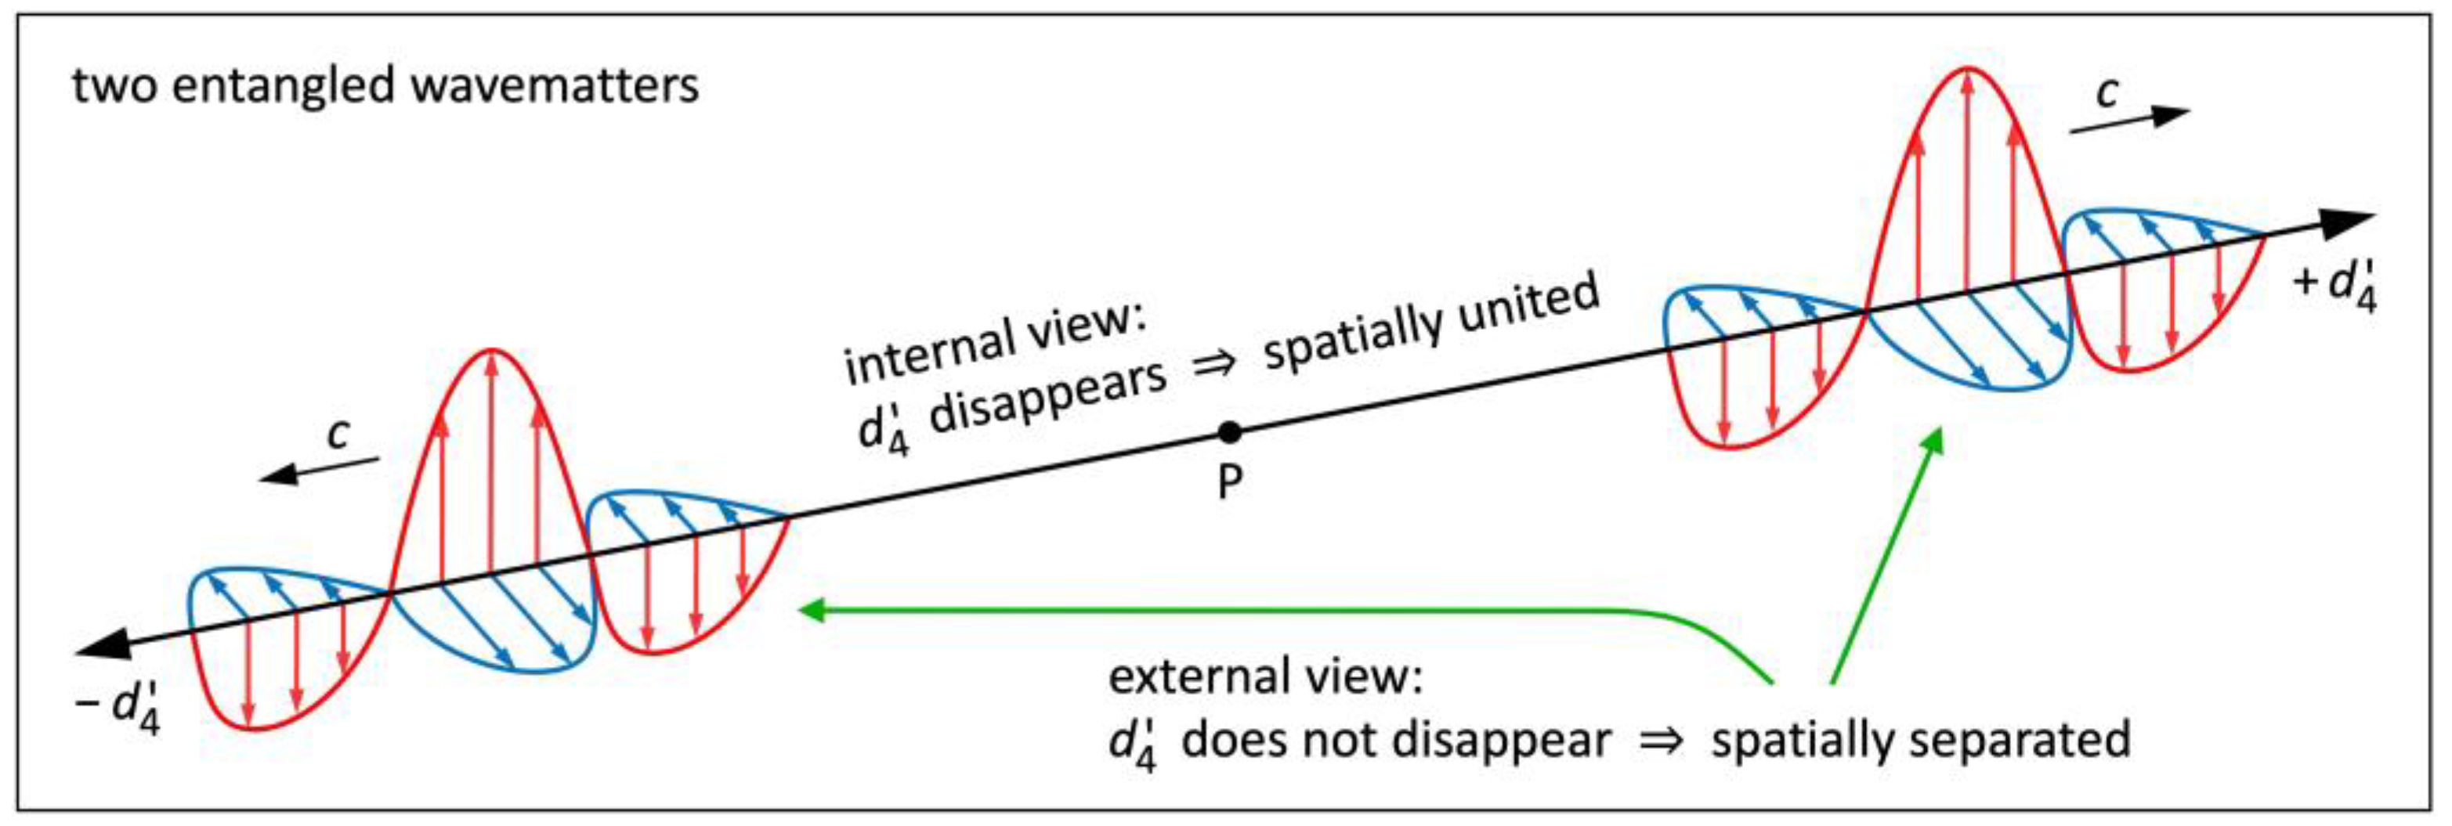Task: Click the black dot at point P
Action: (1230, 433)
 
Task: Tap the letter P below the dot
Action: (1230, 483)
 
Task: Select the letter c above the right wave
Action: (2108, 92)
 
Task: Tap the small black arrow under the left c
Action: (319, 469)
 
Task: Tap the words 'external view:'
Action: (1265, 677)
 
